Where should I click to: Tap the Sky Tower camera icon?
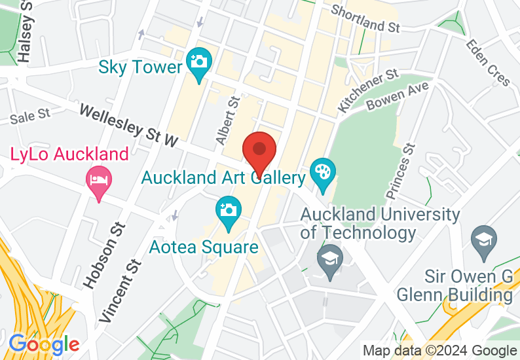[198, 63]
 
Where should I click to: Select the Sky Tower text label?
[140, 67]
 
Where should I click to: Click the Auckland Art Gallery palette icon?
[322, 173]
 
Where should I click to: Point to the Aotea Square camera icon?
[228, 210]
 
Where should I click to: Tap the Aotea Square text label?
[204, 247]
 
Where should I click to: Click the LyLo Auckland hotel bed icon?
[99, 180]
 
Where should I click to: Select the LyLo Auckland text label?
[69, 155]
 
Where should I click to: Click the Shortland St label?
[365, 19]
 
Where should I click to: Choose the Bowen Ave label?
[398, 97]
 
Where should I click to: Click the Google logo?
[44, 344]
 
